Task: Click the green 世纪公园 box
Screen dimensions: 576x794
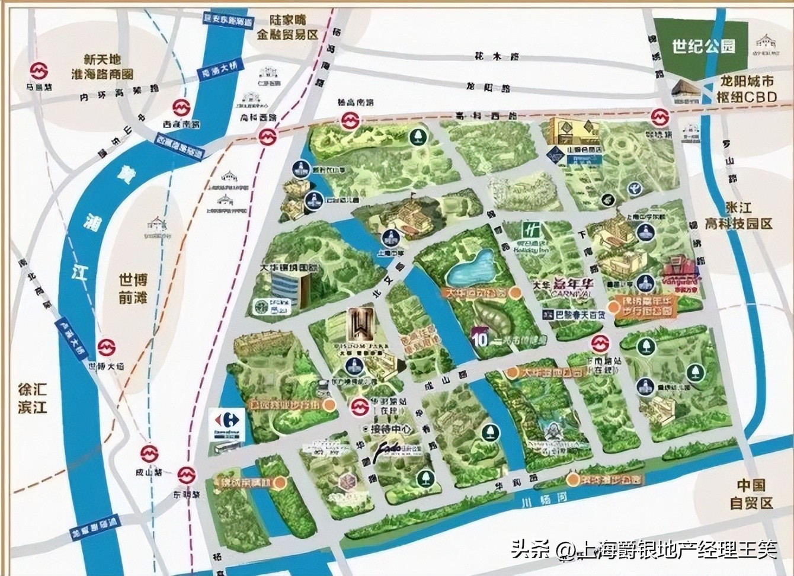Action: tap(703, 46)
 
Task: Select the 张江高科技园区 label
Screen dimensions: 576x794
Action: tap(748, 216)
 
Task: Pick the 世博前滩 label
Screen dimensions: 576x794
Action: tap(133, 288)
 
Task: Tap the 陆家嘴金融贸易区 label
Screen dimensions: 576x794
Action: tap(287, 27)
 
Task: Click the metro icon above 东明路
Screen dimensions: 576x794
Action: tap(187, 475)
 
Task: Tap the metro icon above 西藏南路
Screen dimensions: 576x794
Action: tap(181, 108)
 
